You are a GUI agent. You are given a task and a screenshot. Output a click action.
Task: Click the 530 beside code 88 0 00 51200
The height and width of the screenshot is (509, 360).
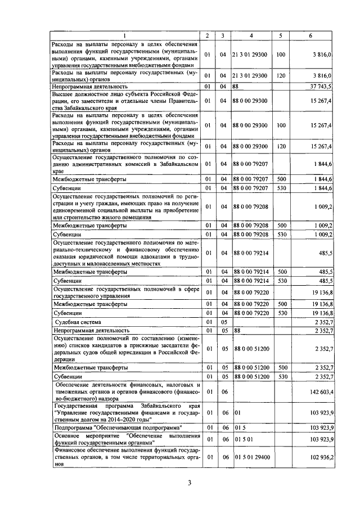tap(281, 376)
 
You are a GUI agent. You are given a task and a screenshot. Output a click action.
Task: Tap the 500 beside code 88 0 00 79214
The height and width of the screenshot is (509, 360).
tap(281, 271)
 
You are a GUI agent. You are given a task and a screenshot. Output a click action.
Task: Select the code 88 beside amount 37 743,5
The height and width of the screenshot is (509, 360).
tap(236, 87)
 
